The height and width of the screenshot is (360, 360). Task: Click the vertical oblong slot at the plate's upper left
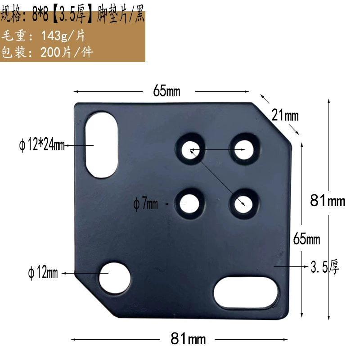pyautogui.click(x=102, y=145)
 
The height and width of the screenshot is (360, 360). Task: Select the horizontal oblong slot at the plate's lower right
pyautogui.click(x=246, y=293)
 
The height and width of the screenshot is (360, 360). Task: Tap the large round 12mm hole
pyautogui.click(x=115, y=278)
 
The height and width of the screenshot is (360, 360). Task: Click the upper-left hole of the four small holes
pyautogui.click(x=190, y=150)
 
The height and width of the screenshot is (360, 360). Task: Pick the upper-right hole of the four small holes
pyautogui.click(x=244, y=150)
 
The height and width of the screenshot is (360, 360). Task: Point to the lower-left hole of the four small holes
pyautogui.click(x=189, y=204)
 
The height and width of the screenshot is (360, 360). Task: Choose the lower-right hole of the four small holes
pyautogui.click(x=243, y=204)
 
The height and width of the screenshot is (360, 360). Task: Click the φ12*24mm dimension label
pyautogui.click(x=42, y=144)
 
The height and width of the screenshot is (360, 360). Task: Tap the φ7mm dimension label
pyautogui.click(x=145, y=204)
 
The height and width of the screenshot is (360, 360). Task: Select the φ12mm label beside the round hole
pyautogui.click(x=43, y=273)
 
